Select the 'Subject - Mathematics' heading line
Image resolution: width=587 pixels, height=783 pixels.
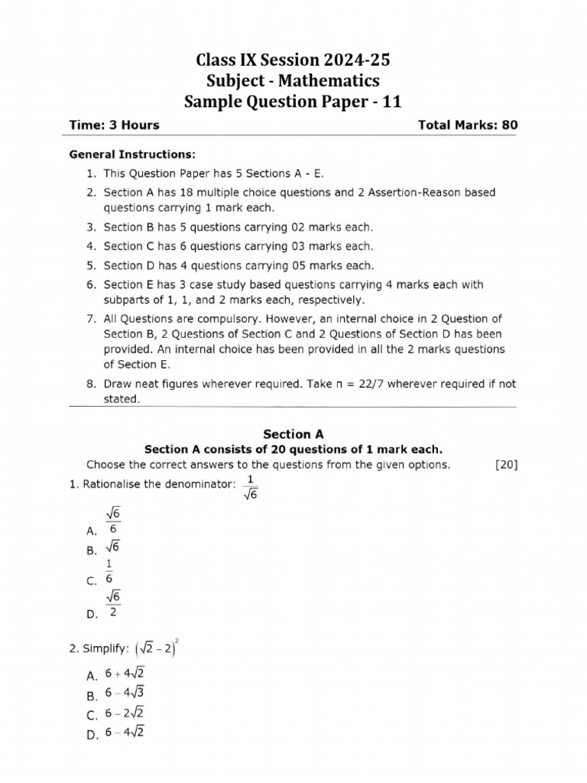293,81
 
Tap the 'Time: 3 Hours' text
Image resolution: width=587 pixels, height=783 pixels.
115,125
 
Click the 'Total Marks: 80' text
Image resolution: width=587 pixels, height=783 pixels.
468,125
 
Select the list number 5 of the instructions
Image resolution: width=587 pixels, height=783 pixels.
90,266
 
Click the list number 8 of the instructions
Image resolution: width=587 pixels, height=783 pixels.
90,384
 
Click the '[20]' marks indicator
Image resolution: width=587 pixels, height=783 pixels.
506,464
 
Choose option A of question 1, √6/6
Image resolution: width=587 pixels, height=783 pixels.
112,522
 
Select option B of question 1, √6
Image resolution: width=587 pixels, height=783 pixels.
112,547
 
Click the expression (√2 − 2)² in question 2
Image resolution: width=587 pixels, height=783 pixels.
161,648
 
